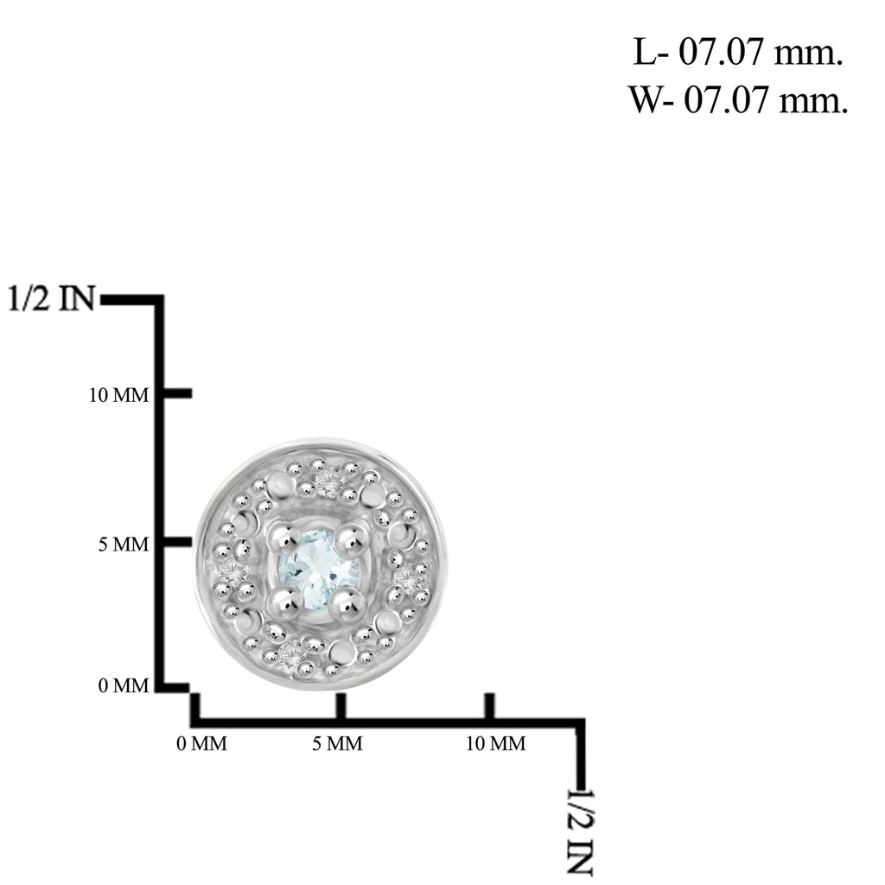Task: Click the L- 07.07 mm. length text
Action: [x=738, y=52]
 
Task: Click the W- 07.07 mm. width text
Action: [x=739, y=100]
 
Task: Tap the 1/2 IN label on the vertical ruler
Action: [x=52, y=298]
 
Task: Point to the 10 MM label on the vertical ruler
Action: [x=119, y=395]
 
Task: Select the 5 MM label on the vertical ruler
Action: [x=124, y=544]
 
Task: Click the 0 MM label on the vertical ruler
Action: [x=124, y=685]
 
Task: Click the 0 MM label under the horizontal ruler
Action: [x=202, y=744]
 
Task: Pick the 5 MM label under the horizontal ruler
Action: [x=338, y=744]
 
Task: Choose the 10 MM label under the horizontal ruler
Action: [x=495, y=744]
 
